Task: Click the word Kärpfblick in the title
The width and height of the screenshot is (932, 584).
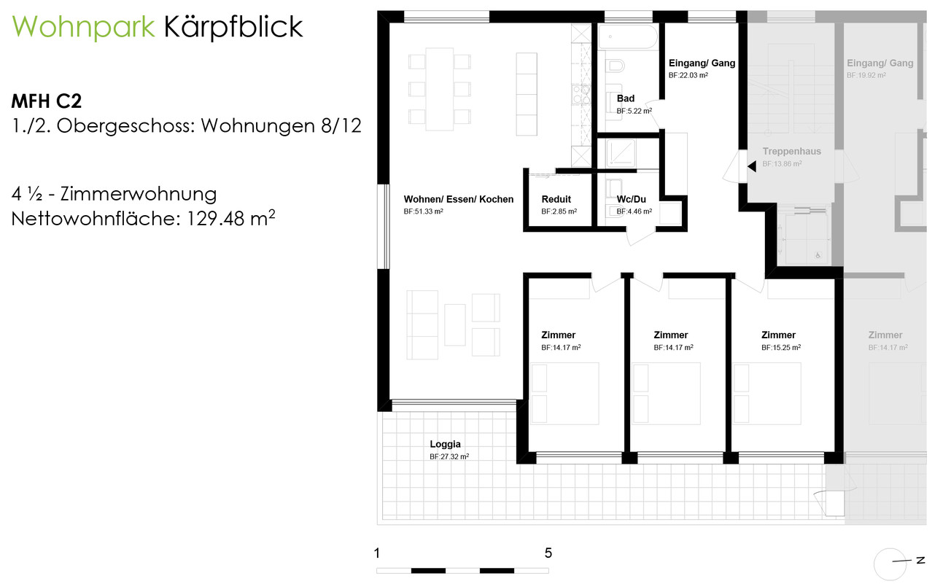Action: pos(233,28)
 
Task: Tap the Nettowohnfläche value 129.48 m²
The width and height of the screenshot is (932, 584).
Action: pos(228,218)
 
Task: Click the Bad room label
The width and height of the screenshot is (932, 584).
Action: pos(625,98)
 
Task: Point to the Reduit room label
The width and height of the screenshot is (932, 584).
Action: pos(556,199)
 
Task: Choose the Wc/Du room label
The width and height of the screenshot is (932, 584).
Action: pos(631,199)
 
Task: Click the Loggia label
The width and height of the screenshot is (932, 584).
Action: pos(445,443)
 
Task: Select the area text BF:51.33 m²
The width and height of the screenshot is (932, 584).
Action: pos(423,211)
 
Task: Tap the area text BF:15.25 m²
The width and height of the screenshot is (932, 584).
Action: pos(780,348)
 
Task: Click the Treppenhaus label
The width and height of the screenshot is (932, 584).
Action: pos(791,152)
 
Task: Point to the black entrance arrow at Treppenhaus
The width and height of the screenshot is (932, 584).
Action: pos(751,167)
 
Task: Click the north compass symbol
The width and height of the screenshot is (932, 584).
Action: pos(892,561)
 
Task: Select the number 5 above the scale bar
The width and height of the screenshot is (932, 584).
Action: pos(548,553)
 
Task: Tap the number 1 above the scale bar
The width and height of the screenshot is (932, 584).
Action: pos(377,553)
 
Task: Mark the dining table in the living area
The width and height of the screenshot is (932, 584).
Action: pos(439,89)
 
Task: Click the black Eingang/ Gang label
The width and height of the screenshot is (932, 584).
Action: pos(702,63)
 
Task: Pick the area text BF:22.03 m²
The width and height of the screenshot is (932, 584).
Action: pos(688,75)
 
